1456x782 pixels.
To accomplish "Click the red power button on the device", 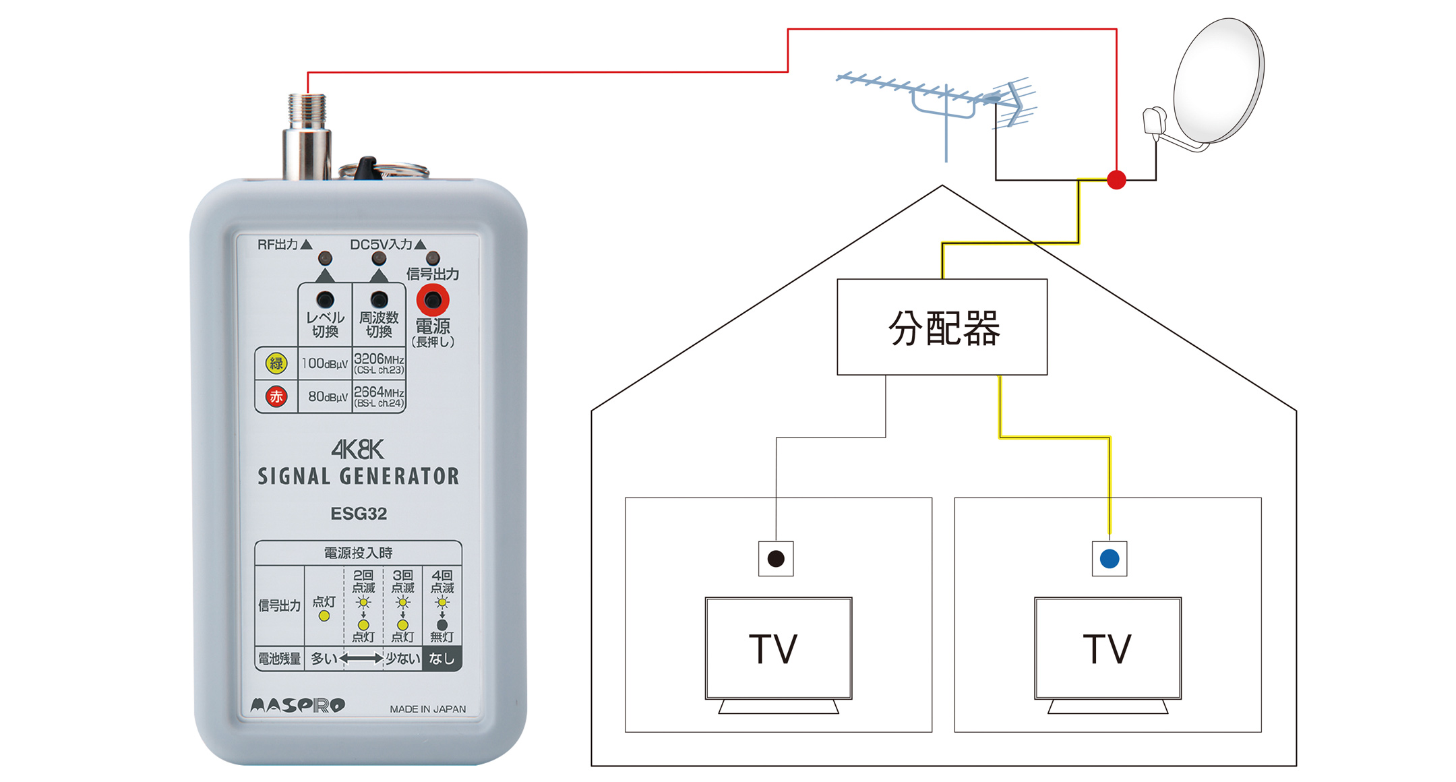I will point(432,301).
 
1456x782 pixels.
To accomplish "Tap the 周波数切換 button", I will point(379,300).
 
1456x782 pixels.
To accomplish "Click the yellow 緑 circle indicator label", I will point(276,364).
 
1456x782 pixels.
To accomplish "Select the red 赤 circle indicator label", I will point(276,396).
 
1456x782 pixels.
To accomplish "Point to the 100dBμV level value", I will point(324,364).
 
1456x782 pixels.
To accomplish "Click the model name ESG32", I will point(359,514).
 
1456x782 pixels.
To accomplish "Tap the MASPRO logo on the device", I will point(297,706).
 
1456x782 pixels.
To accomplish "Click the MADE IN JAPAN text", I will point(427,709).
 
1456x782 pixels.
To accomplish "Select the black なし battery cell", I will point(442,659).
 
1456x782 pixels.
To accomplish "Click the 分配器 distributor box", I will point(942,327).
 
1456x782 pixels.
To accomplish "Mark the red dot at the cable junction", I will point(1116,180).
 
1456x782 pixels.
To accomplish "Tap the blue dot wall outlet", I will point(1109,559).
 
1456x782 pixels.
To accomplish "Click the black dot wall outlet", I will point(776,559).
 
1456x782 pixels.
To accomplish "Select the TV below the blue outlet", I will point(1108,649).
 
